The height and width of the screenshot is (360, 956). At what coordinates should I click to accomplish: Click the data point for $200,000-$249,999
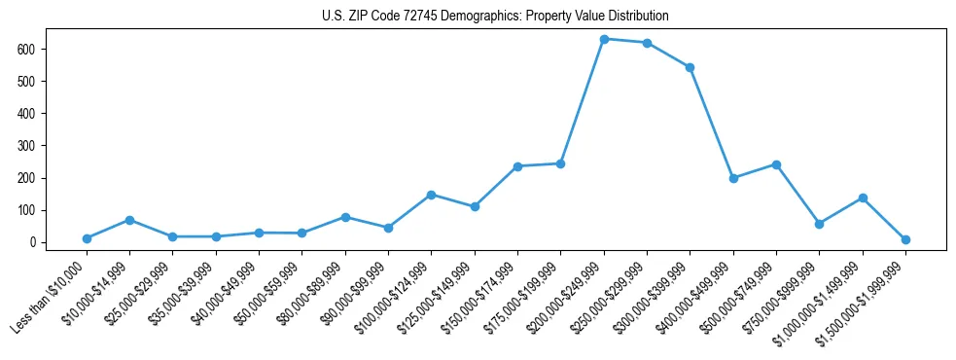point(604,39)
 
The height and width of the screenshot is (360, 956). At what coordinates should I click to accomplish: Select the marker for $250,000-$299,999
point(647,43)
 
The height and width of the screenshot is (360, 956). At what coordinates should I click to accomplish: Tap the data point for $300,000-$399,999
point(690,67)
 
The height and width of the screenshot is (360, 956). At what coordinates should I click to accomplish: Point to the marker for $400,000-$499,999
point(733,178)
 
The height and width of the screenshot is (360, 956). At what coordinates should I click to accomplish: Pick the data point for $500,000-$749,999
point(776,164)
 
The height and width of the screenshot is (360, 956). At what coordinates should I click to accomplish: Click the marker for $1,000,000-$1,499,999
point(863,198)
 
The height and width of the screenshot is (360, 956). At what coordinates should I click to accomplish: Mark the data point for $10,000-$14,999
point(129,220)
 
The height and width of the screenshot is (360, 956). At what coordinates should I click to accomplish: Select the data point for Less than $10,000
point(87,238)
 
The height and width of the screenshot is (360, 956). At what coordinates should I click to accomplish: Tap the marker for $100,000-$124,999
point(431,195)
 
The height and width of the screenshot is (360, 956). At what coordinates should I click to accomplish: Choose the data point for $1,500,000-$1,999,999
point(905,239)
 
